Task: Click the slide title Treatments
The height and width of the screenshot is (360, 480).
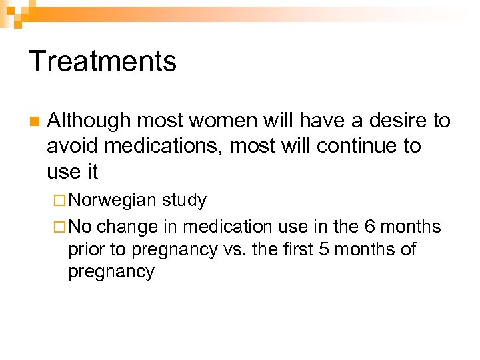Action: click(103, 61)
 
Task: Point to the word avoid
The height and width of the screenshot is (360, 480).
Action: click(69, 146)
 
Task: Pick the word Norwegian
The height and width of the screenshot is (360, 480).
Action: click(112, 200)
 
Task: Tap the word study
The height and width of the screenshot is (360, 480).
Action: click(184, 200)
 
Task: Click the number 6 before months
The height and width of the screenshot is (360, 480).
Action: click(370, 227)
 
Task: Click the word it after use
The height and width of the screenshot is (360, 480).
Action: click(91, 171)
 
